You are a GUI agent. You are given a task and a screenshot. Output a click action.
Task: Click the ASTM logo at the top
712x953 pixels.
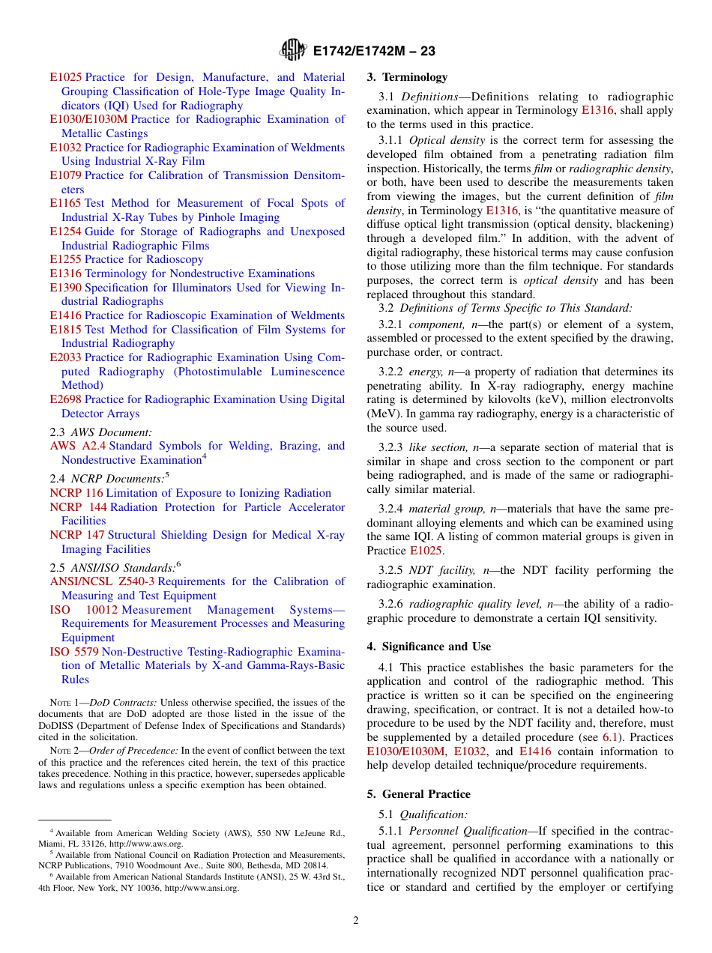coord(292,50)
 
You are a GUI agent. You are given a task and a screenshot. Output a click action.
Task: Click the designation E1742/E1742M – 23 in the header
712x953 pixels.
coord(373,51)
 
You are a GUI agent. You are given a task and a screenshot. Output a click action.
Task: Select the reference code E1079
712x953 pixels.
coord(65,175)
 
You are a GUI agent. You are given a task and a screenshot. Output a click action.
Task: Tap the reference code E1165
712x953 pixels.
coord(65,203)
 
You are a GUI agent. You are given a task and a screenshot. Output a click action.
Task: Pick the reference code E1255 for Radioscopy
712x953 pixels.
coord(65,259)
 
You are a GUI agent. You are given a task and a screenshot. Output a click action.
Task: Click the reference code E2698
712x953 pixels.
coord(65,399)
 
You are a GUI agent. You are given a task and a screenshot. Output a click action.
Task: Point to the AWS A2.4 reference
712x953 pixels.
coord(78,446)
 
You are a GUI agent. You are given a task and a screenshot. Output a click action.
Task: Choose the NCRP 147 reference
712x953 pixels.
coord(77,535)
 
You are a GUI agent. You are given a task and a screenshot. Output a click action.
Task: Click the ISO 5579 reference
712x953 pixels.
coord(74,652)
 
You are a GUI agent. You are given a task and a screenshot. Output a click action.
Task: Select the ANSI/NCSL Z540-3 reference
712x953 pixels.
coord(102,581)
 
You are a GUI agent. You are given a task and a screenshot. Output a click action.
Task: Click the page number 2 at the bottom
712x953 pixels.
coord(356,920)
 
